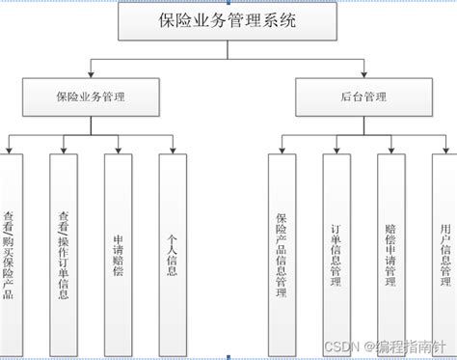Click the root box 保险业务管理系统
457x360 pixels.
pyautogui.click(x=228, y=21)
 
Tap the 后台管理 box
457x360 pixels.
pyautogui.click(x=364, y=97)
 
